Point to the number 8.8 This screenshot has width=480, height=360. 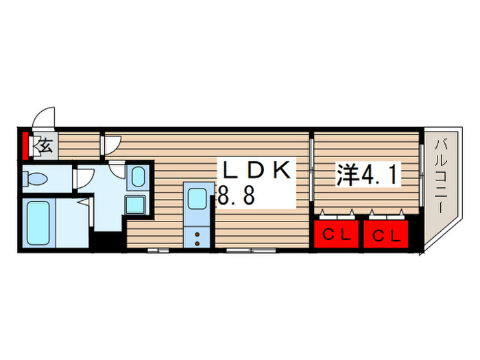pos(237,197)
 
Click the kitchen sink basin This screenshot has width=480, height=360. pos(197,197)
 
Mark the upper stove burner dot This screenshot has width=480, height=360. pos(197,234)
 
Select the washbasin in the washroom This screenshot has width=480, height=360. pos(138,177)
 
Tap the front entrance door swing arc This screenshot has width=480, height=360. pos(45,117)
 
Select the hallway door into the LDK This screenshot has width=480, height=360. pos(111,145)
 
